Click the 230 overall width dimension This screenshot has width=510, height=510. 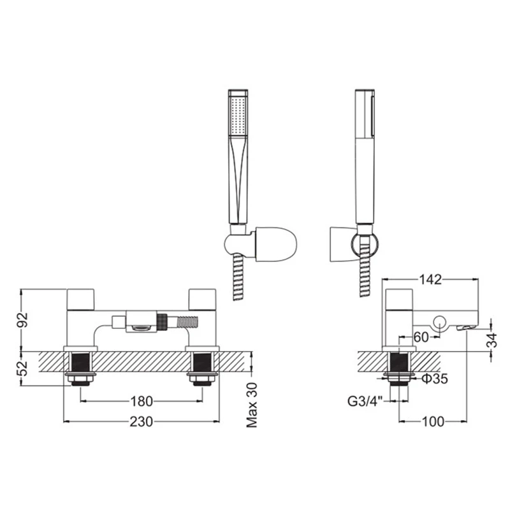[142, 421]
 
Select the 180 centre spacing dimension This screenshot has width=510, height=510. [142, 401]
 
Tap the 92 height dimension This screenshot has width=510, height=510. [23, 319]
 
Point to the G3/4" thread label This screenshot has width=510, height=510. [363, 402]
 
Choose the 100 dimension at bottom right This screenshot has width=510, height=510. [432, 421]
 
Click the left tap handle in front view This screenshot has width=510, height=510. [81, 298]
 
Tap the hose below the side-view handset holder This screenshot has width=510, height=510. [365, 274]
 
